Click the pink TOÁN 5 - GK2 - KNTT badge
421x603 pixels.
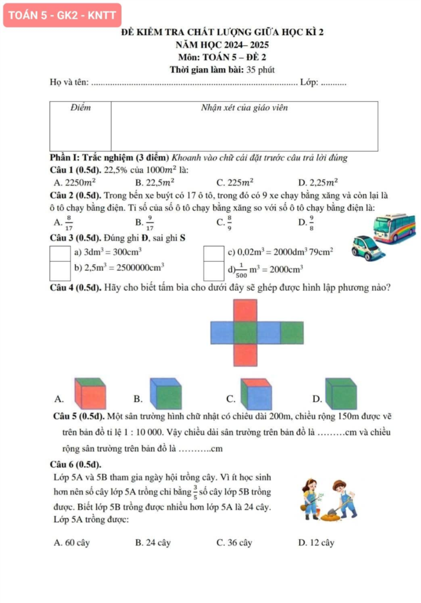[x=62, y=15]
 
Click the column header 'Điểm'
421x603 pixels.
[x=80, y=108]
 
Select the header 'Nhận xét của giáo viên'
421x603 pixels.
[x=244, y=108]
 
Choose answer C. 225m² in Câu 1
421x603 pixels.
[x=235, y=182]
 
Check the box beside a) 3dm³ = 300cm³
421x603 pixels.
[x=58, y=252]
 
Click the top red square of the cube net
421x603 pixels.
[x=245, y=311]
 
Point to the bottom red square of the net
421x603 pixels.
[x=245, y=355]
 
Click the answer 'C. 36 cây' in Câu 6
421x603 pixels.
[x=234, y=543]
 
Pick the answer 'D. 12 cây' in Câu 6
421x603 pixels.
[x=316, y=543]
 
